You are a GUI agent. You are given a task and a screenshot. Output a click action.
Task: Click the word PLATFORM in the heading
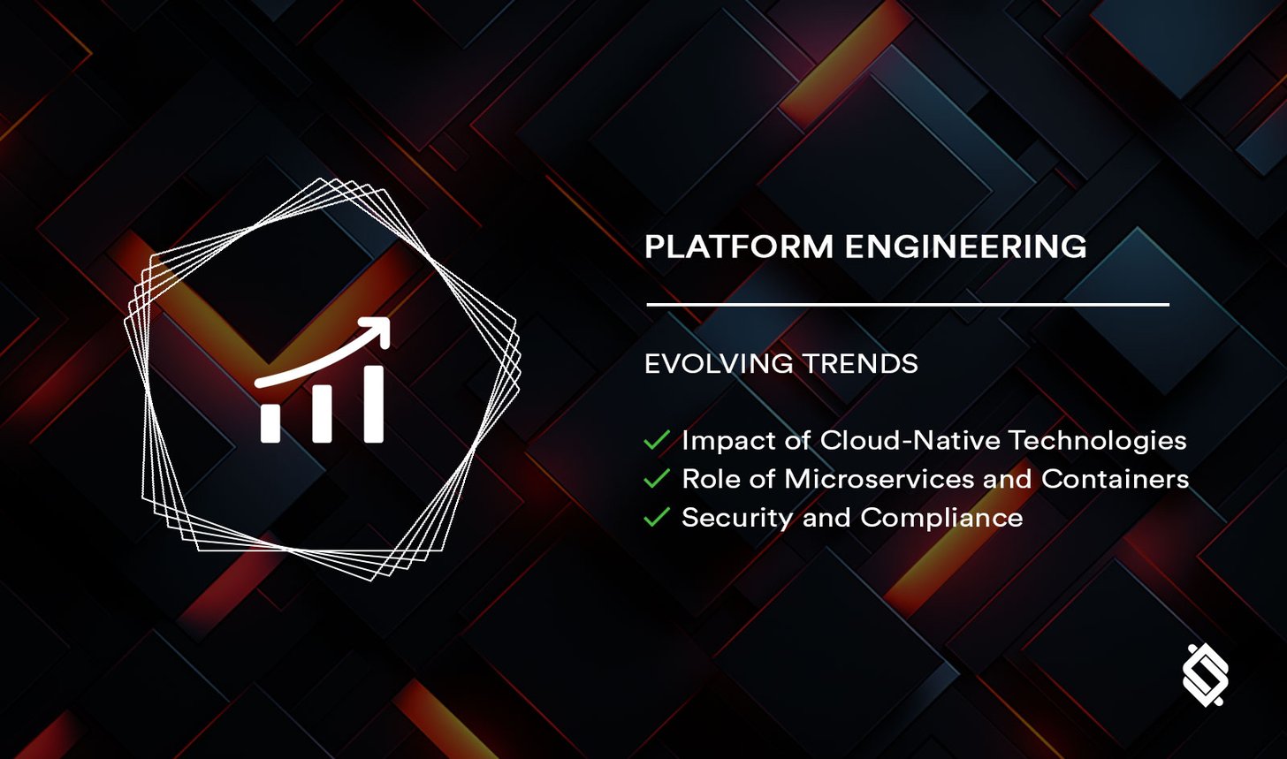739,247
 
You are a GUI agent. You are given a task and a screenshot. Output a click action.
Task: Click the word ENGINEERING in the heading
965,247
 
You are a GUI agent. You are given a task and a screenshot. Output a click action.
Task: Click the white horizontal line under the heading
908,304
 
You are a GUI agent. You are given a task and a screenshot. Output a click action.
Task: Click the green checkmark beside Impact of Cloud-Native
657,439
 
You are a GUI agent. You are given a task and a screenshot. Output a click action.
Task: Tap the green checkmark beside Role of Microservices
657,478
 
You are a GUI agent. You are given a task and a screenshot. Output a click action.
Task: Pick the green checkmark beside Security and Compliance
657,517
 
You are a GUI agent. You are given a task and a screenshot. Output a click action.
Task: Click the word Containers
1116,478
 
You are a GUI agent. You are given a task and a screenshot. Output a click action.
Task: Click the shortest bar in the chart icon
270,423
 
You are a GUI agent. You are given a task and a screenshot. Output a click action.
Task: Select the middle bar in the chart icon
322,414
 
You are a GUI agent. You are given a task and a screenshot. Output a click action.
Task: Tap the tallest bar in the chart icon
374,404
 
